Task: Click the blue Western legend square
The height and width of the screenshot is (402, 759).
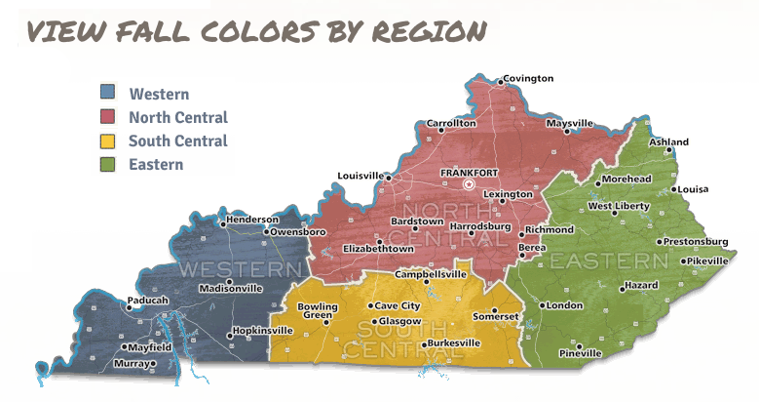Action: [x=108, y=94]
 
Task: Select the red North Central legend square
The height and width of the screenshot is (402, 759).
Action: [x=108, y=117]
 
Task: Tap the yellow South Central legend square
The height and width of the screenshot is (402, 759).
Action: [x=108, y=141]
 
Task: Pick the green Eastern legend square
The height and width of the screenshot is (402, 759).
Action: [x=108, y=164]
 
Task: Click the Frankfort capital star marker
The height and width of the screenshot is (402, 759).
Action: [x=469, y=183]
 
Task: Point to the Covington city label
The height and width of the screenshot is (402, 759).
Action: [x=529, y=78]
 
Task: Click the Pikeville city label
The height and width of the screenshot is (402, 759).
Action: [x=706, y=261]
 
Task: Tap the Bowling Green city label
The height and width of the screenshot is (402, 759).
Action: [x=318, y=311]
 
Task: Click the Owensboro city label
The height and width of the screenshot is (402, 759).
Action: [x=297, y=232]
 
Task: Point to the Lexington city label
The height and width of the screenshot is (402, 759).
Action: [x=508, y=194]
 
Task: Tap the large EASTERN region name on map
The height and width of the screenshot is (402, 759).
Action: [x=609, y=261]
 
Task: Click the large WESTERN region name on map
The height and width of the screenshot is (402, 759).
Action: [x=238, y=267]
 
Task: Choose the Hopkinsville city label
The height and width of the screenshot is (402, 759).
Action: [x=263, y=331]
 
